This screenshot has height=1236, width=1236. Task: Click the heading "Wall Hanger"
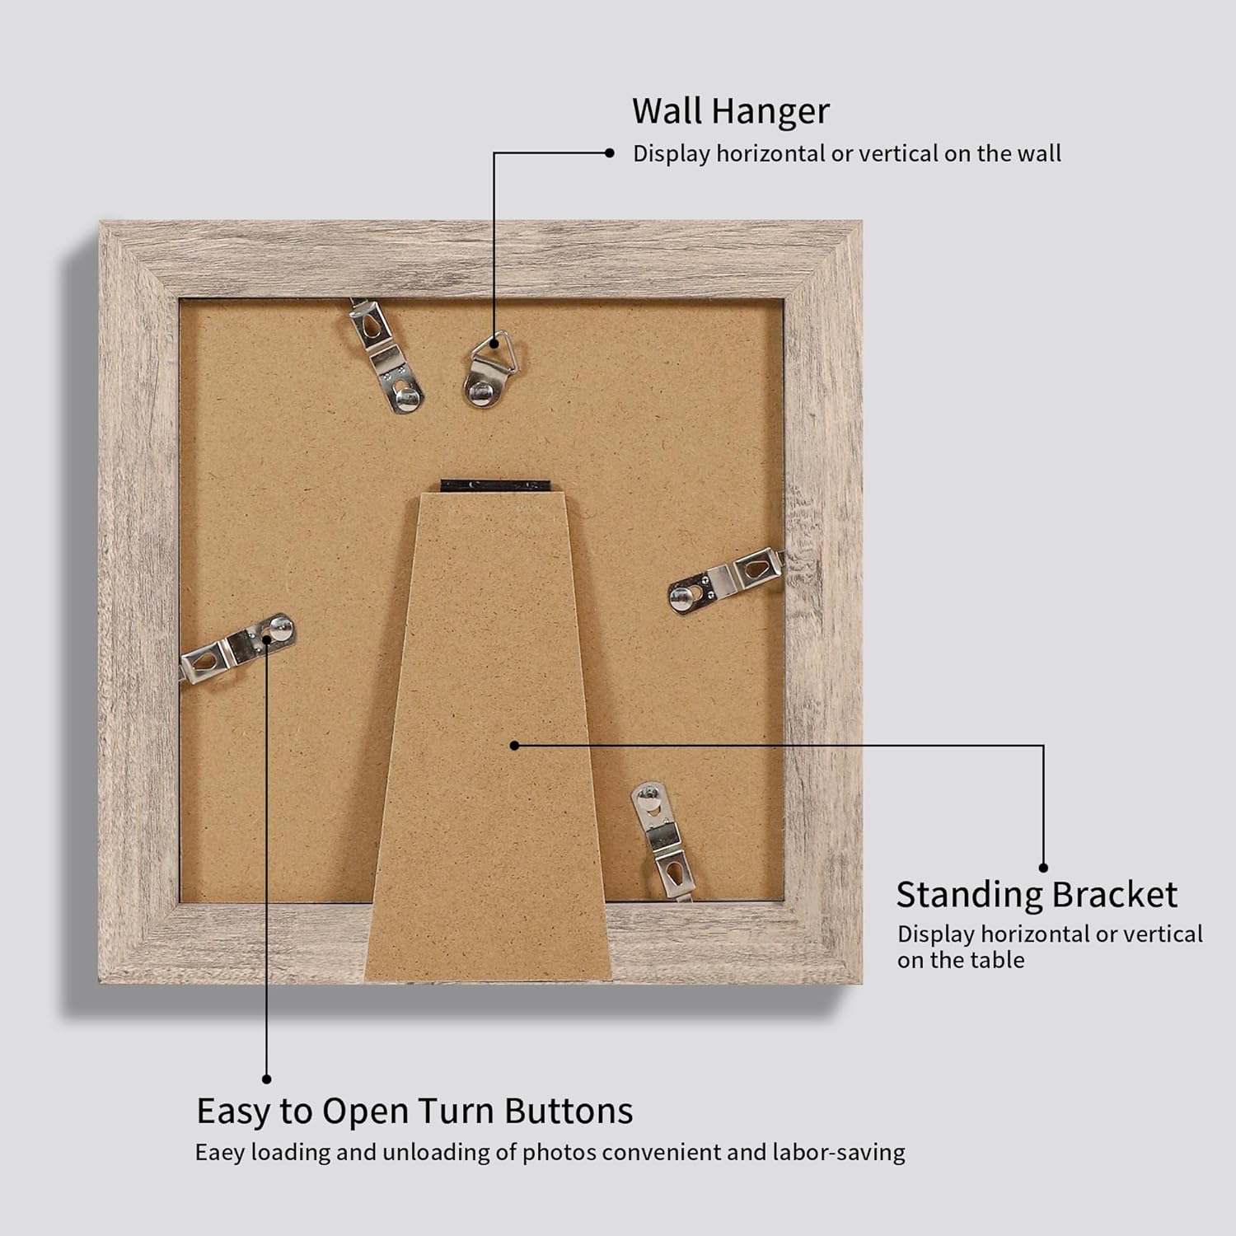pos(730,110)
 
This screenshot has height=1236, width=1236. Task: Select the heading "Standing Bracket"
pos(1037,895)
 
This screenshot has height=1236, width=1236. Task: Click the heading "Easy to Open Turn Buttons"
pos(414,1111)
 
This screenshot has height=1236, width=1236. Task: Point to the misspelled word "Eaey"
pos(220,1152)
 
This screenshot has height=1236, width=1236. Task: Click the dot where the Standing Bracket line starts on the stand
pos(514,745)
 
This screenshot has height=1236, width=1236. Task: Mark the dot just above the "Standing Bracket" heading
pos(1043,867)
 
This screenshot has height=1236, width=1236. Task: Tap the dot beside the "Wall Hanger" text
pos(610,152)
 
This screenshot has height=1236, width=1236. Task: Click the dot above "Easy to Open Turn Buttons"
pos(267,1079)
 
